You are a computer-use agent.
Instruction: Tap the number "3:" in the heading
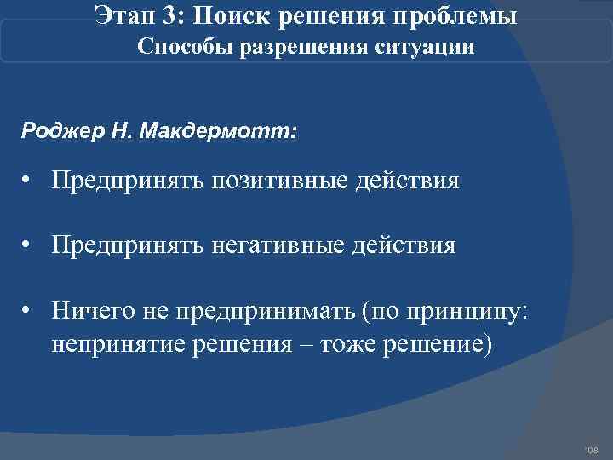176,16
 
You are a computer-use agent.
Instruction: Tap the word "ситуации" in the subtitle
424,48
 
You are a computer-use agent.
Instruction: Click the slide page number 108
592,449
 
